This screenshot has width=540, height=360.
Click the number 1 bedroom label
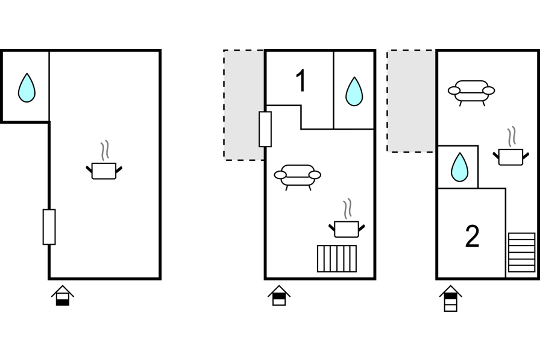click(300, 81)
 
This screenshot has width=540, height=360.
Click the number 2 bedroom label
click(472, 237)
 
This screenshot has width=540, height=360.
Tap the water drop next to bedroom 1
click(354, 91)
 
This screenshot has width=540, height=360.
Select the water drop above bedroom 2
click(460, 167)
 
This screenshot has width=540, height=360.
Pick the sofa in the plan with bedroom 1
click(298, 175)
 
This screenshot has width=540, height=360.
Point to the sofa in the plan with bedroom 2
click(471, 91)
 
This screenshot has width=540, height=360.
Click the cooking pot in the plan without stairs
click(104, 171)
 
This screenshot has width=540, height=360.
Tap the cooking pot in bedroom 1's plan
click(347, 229)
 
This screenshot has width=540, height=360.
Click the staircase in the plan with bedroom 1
click(337, 258)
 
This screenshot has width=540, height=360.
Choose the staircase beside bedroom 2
click(521, 252)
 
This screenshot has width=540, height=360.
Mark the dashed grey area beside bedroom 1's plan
click(243, 105)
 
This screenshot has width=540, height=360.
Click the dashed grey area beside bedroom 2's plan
click(410, 101)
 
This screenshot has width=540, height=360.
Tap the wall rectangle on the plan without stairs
click(49, 227)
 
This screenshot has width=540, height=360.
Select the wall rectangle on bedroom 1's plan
click(265, 129)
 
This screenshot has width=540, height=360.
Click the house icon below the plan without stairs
click(63, 295)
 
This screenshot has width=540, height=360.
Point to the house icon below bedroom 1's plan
click(279, 295)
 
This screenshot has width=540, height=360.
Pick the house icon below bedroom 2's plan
click(451, 298)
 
